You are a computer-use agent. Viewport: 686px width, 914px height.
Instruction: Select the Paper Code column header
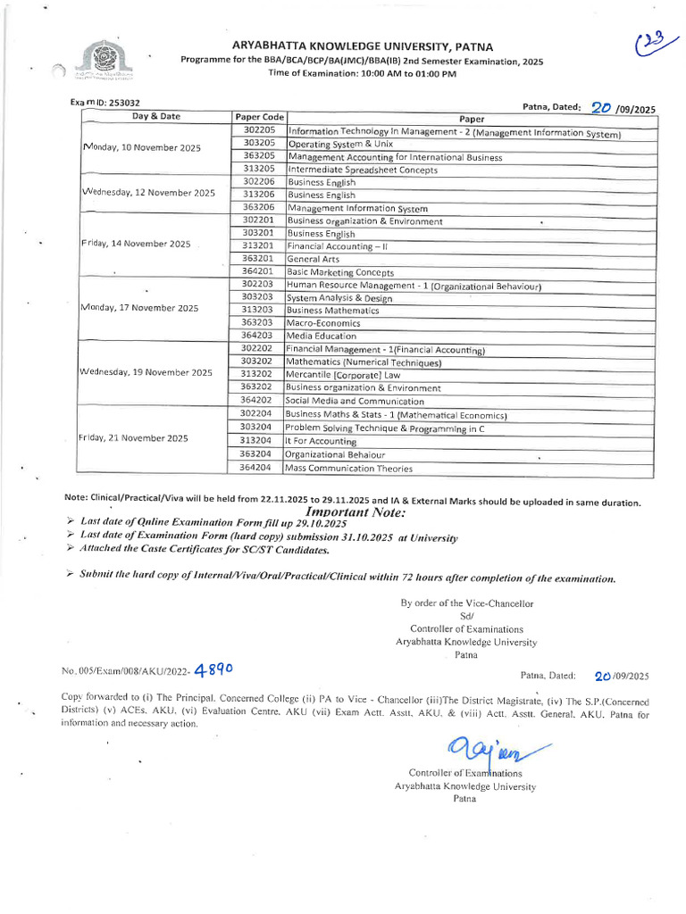tap(259, 117)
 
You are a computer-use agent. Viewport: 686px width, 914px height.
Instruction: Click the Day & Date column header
tap(156, 116)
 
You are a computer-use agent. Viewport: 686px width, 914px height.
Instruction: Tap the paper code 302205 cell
tap(258, 130)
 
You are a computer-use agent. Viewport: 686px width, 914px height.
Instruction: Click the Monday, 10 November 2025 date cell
tap(142, 147)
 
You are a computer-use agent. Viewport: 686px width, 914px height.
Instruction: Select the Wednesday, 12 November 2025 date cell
tap(148, 193)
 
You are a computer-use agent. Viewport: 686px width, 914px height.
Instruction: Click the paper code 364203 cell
tap(258, 336)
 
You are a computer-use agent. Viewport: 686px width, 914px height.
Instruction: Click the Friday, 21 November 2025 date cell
tap(133, 438)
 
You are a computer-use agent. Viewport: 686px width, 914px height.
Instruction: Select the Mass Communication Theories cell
tap(349, 468)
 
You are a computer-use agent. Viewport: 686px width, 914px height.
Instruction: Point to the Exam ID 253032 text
tap(104, 104)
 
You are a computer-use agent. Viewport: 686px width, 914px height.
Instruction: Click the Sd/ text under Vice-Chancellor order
tap(466, 616)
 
